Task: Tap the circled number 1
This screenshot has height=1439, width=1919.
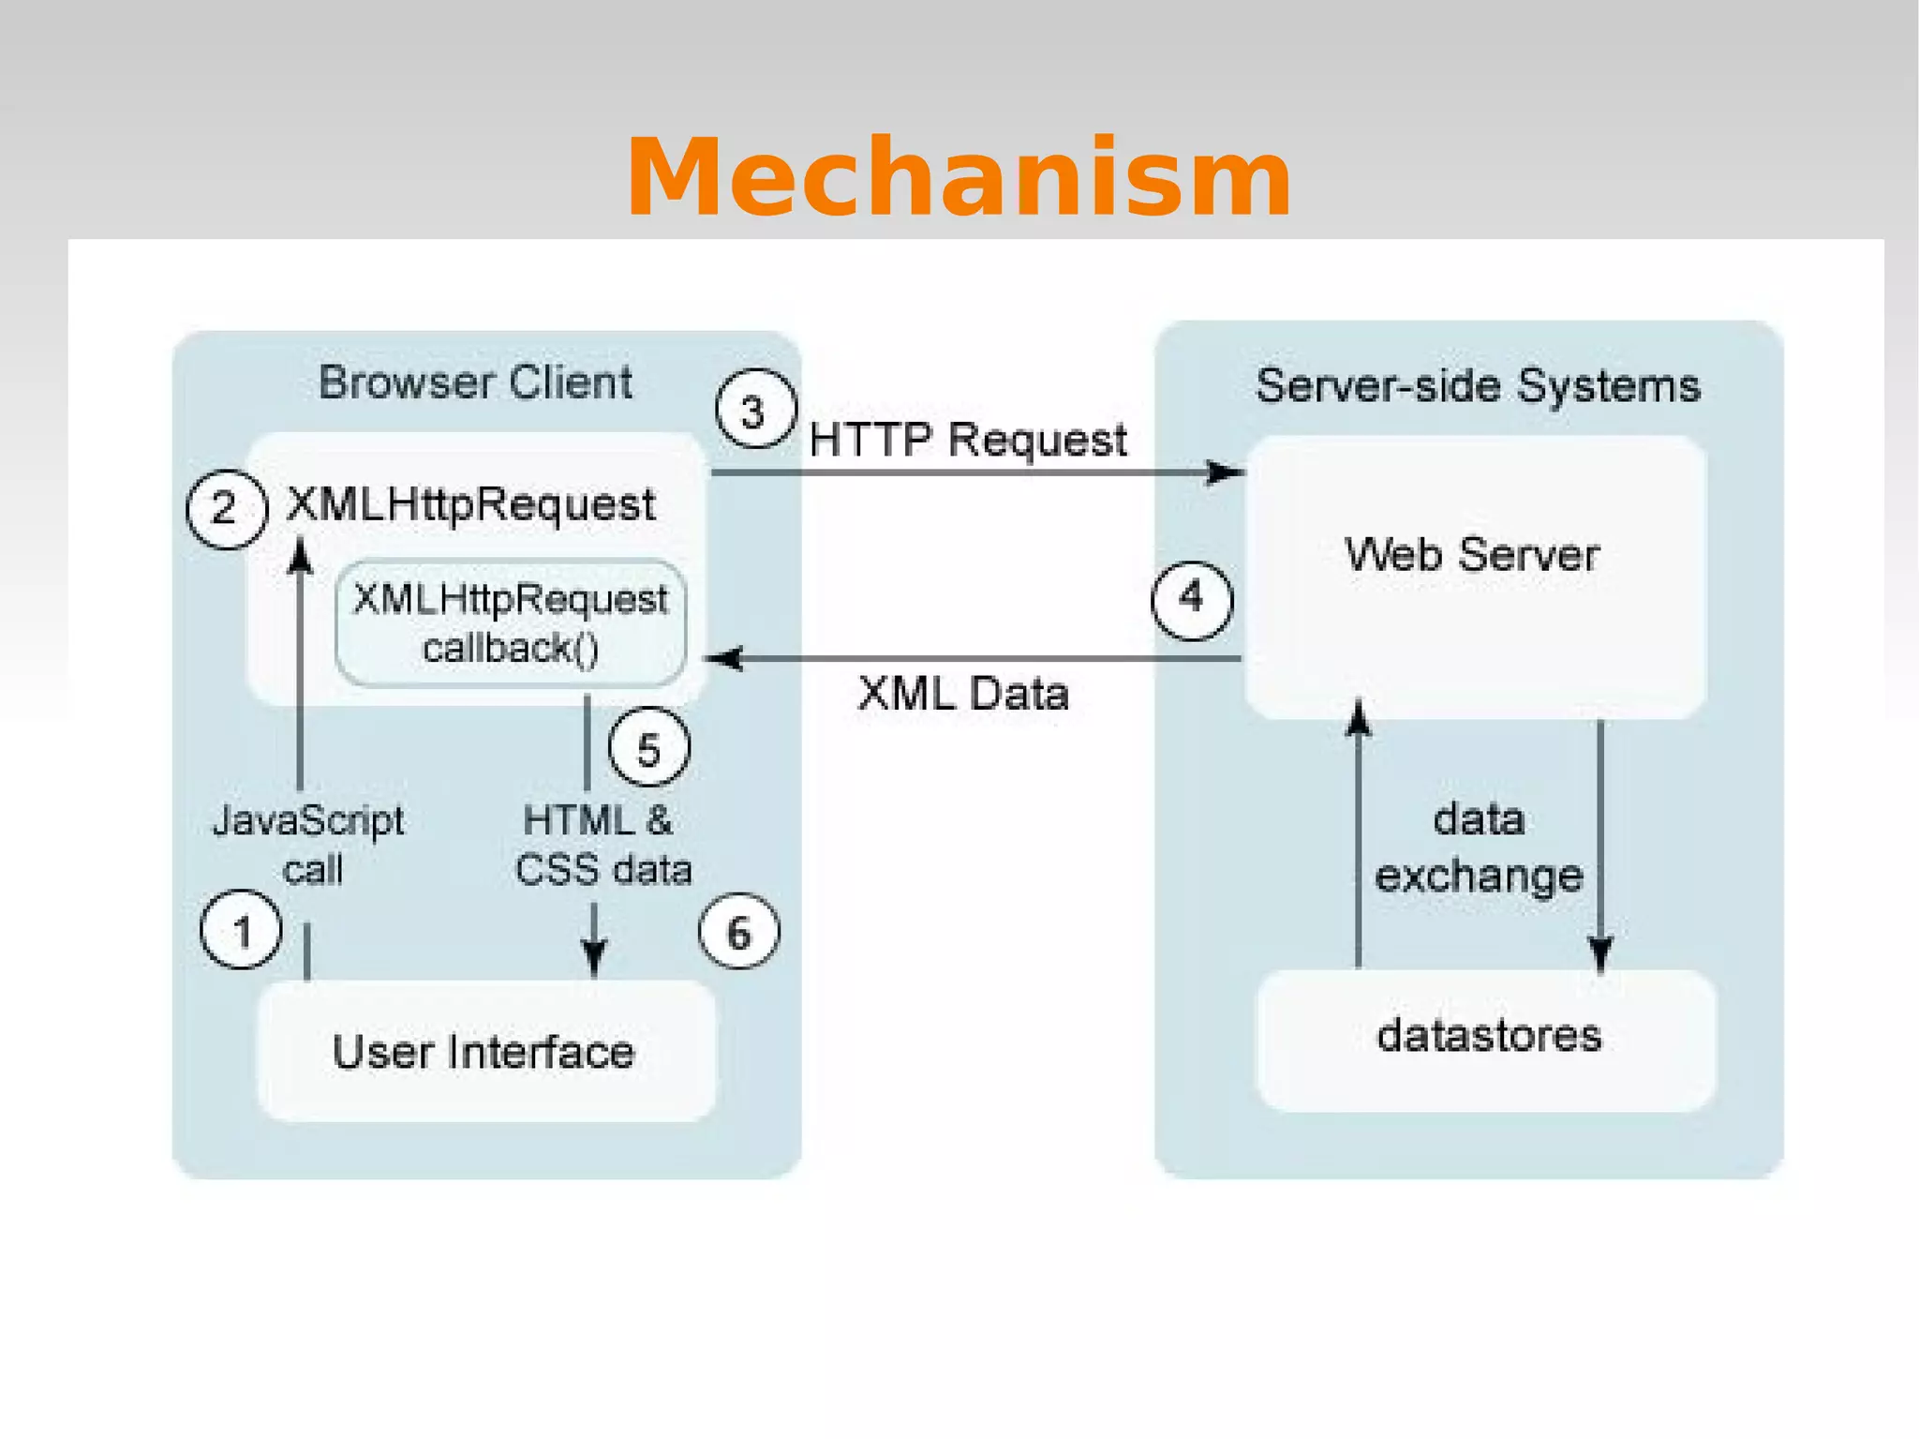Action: (241, 930)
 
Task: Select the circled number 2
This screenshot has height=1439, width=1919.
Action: (226, 509)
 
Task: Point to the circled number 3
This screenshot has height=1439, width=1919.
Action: (755, 411)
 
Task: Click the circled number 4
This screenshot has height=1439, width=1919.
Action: (1191, 599)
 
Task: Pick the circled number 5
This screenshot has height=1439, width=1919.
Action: (648, 748)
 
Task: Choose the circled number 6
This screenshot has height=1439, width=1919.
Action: (738, 932)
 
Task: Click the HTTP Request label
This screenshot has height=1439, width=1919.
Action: (967, 440)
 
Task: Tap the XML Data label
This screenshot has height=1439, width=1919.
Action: (962, 695)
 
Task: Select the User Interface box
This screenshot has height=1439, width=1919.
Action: (485, 1051)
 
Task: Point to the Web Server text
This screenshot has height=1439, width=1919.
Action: (1471, 555)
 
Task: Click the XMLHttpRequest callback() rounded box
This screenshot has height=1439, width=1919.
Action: (511, 623)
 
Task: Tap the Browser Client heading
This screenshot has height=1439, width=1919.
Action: (475, 383)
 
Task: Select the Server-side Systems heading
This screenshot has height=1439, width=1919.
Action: (1477, 386)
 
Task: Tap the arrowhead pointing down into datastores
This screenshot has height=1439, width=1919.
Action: (1600, 954)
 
